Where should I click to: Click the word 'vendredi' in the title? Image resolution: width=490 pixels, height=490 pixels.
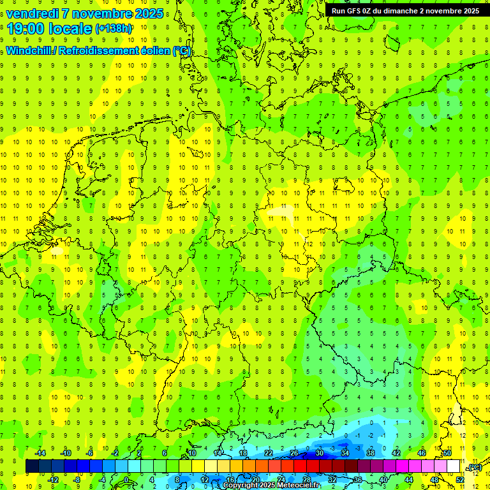[31, 13]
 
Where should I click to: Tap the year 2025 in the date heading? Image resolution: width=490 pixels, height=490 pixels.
[148, 13]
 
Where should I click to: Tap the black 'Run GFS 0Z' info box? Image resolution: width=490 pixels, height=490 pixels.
[405, 10]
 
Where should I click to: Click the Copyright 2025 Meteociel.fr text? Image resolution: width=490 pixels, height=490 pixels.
[271, 486]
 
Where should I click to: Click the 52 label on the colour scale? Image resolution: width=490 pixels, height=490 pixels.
[459, 480]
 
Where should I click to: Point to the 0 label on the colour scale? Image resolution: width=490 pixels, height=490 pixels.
[126, 480]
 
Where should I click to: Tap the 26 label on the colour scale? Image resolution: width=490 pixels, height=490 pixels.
[294, 453]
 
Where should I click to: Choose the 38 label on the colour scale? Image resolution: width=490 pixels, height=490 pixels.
[371, 453]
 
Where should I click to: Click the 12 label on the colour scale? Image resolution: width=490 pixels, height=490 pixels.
[204, 480]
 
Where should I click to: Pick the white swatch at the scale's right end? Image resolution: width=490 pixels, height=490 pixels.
[454, 466]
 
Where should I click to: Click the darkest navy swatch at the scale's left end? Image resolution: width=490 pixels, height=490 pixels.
[32, 466]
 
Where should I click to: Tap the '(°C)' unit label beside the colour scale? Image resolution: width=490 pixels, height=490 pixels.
[475, 468]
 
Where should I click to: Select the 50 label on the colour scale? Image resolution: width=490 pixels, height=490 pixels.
[447, 453]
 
